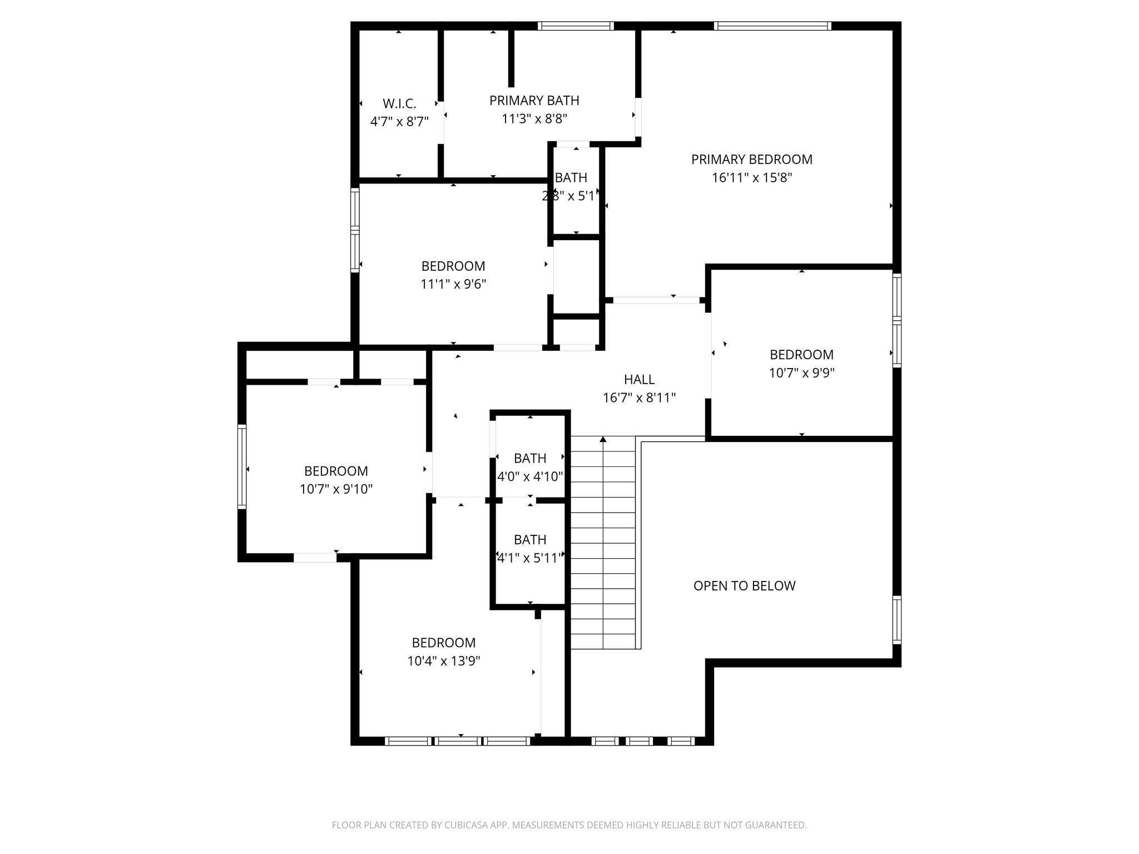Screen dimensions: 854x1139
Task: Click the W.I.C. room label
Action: click(399, 104)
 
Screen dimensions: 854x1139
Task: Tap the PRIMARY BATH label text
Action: click(534, 101)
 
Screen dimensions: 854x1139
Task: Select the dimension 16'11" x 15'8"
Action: click(751, 178)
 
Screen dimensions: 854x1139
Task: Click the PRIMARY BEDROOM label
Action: click(751, 160)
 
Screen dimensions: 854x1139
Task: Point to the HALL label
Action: click(639, 380)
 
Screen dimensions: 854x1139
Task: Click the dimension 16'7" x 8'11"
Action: click(639, 398)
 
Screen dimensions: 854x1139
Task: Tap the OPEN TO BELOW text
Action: click(744, 585)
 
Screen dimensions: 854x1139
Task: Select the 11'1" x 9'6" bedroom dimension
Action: click(453, 285)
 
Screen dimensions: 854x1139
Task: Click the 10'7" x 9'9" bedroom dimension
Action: click(801, 373)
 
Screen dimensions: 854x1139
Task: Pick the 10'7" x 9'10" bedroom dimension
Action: click(336, 489)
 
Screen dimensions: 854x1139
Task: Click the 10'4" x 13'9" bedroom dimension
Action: click(443, 661)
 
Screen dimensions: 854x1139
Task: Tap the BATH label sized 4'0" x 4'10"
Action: click(529, 458)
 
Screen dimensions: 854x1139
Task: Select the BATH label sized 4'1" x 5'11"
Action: click(529, 540)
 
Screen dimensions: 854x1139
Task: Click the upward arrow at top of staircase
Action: click(603, 440)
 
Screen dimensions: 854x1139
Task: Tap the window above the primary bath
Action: click(576, 26)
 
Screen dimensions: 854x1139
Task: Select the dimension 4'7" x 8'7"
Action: click(399, 122)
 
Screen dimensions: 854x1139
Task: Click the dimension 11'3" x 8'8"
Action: click(534, 119)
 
